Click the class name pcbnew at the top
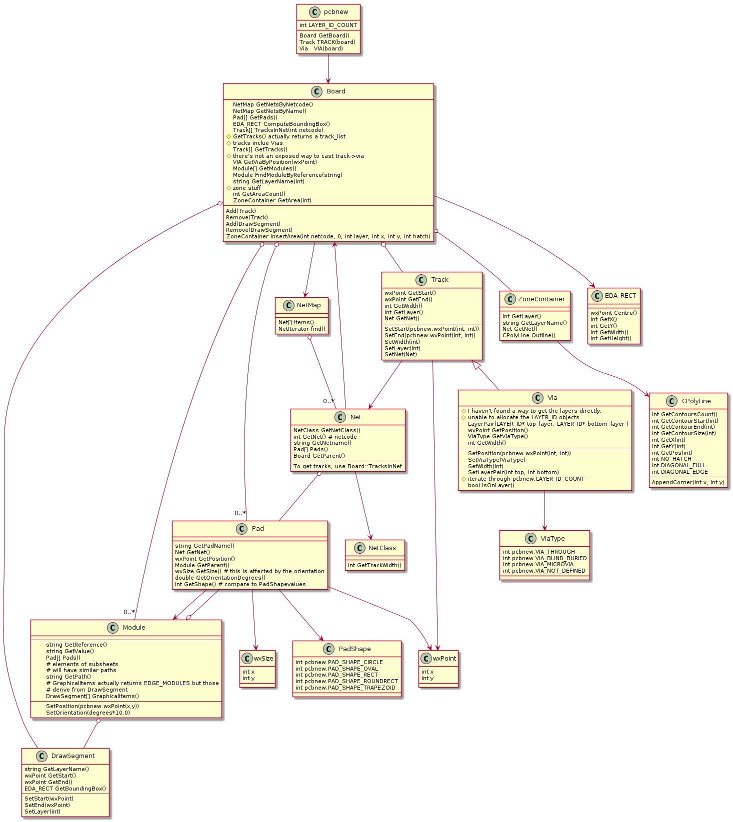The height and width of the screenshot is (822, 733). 336,12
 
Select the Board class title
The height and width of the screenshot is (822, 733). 336,91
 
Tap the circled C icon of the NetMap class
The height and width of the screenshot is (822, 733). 287,305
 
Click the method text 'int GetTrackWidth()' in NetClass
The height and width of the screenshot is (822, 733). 374,565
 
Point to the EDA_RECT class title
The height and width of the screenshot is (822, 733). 620,296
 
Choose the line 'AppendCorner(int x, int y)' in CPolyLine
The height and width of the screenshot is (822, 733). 687,482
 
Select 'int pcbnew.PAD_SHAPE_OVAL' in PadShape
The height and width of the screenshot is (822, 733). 336,669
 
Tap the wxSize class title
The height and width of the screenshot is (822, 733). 263,658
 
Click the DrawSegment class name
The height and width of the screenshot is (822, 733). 73,756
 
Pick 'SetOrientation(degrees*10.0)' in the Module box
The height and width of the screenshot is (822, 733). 88,713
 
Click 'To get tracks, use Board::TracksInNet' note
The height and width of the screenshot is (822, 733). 347,466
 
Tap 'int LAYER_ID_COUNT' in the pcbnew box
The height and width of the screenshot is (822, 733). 328,25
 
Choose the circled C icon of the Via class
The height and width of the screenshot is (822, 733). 537,398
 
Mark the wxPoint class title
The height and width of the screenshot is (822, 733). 444,658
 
